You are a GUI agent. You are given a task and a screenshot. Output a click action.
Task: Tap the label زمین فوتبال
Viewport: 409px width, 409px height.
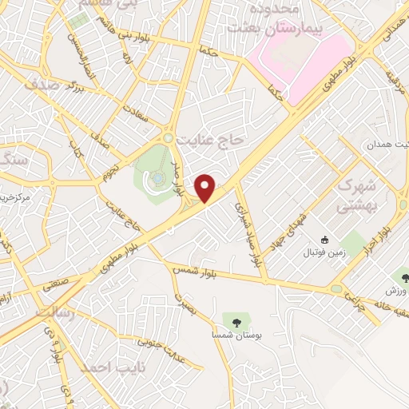(320, 252)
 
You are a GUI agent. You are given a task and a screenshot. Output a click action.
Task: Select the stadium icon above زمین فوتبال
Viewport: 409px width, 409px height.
(324, 240)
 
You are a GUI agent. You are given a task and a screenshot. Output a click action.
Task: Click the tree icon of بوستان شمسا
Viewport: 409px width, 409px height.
(236, 321)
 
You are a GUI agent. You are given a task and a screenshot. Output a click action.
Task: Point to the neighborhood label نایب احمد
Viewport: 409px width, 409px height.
(105, 367)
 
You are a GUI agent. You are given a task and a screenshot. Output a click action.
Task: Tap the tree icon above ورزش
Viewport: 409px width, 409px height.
(404, 279)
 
